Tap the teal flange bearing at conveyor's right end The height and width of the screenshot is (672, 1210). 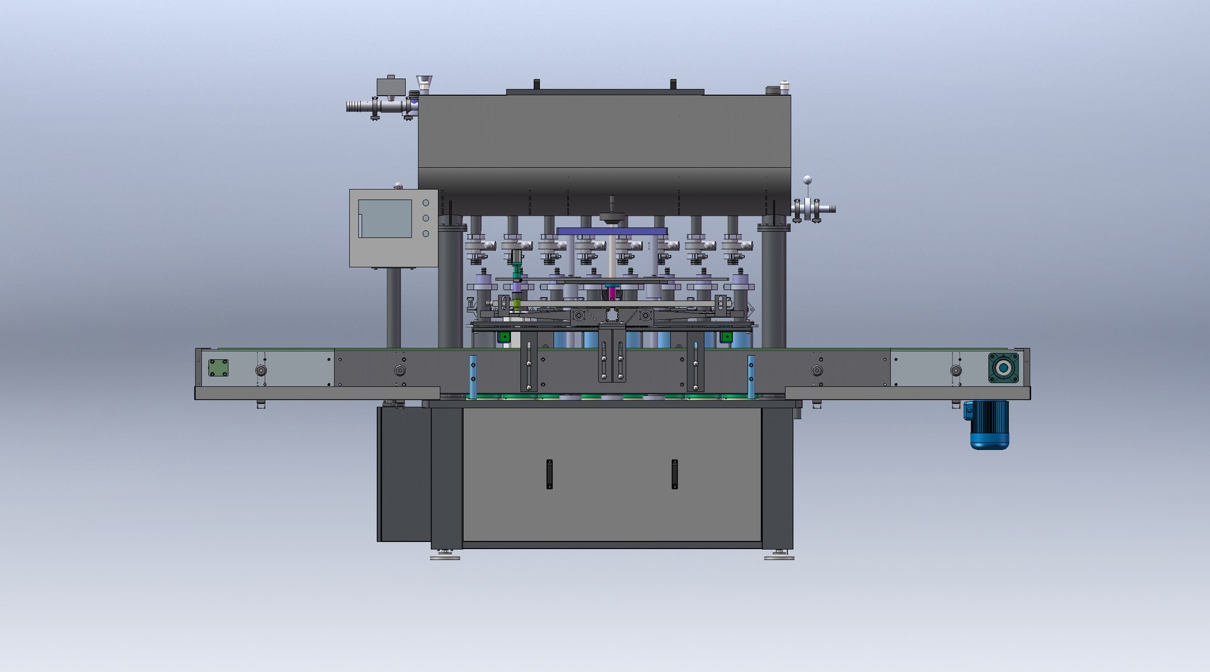coord(1003,368)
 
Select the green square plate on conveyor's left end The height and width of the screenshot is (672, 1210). coord(219,368)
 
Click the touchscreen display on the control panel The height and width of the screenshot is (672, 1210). coord(385,219)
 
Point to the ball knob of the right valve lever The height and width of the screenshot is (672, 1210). coord(807,180)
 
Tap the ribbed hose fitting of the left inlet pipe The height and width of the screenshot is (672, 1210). coord(359,107)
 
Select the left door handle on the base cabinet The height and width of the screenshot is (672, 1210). coord(550,474)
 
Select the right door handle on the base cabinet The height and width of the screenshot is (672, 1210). coord(674,474)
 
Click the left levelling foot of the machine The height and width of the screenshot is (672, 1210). coord(445,555)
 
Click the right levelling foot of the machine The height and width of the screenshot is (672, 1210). coord(779,555)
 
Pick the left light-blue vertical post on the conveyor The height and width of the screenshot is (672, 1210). coord(473,377)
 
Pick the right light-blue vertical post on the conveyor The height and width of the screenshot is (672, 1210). coord(751,377)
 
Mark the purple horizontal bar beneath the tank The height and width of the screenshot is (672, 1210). coord(612,231)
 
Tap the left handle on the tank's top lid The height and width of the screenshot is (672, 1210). coord(536,84)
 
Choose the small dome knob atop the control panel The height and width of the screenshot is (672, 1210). coord(398,185)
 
